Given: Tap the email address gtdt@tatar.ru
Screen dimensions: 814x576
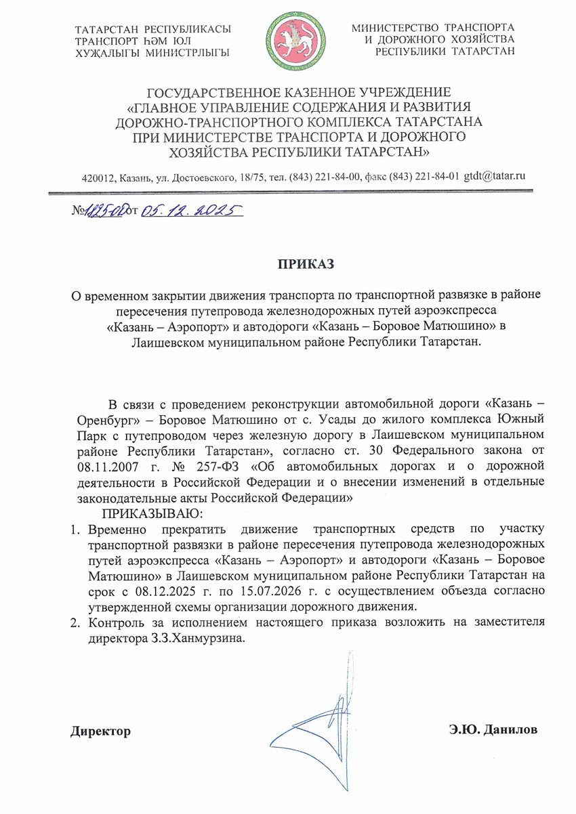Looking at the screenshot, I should click(x=495, y=176).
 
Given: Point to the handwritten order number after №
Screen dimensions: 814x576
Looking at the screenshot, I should click(x=103, y=211).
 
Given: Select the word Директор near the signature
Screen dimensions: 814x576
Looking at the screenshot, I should click(x=100, y=731).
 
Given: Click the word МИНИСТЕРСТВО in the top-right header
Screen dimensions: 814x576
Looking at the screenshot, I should click(x=396, y=28).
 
